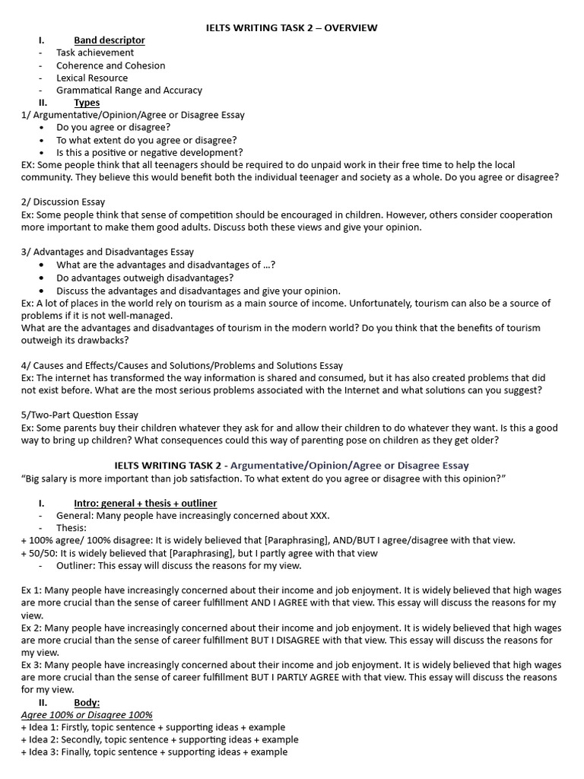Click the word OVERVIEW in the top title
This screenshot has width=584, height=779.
tap(348, 28)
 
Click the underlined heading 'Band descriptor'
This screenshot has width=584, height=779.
tap(109, 40)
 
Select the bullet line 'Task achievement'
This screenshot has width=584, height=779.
tap(95, 52)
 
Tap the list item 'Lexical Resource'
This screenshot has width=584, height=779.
tap(92, 78)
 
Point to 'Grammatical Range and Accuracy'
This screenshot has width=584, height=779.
tap(129, 90)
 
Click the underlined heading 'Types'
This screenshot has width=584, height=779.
tap(87, 102)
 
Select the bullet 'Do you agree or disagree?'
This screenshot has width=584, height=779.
tap(113, 127)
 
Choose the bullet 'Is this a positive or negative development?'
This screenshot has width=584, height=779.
tap(150, 152)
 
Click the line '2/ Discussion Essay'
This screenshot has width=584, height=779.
tap(63, 202)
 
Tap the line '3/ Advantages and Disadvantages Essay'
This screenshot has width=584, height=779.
tap(107, 252)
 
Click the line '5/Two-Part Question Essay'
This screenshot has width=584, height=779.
tap(80, 415)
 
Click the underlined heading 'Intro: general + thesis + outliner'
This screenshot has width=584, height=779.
tap(145, 504)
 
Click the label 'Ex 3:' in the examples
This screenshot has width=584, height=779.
tap(33, 665)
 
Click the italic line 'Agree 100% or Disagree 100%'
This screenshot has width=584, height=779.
tap(87, 715)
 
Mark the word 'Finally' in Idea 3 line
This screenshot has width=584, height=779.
tap(78, 752)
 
